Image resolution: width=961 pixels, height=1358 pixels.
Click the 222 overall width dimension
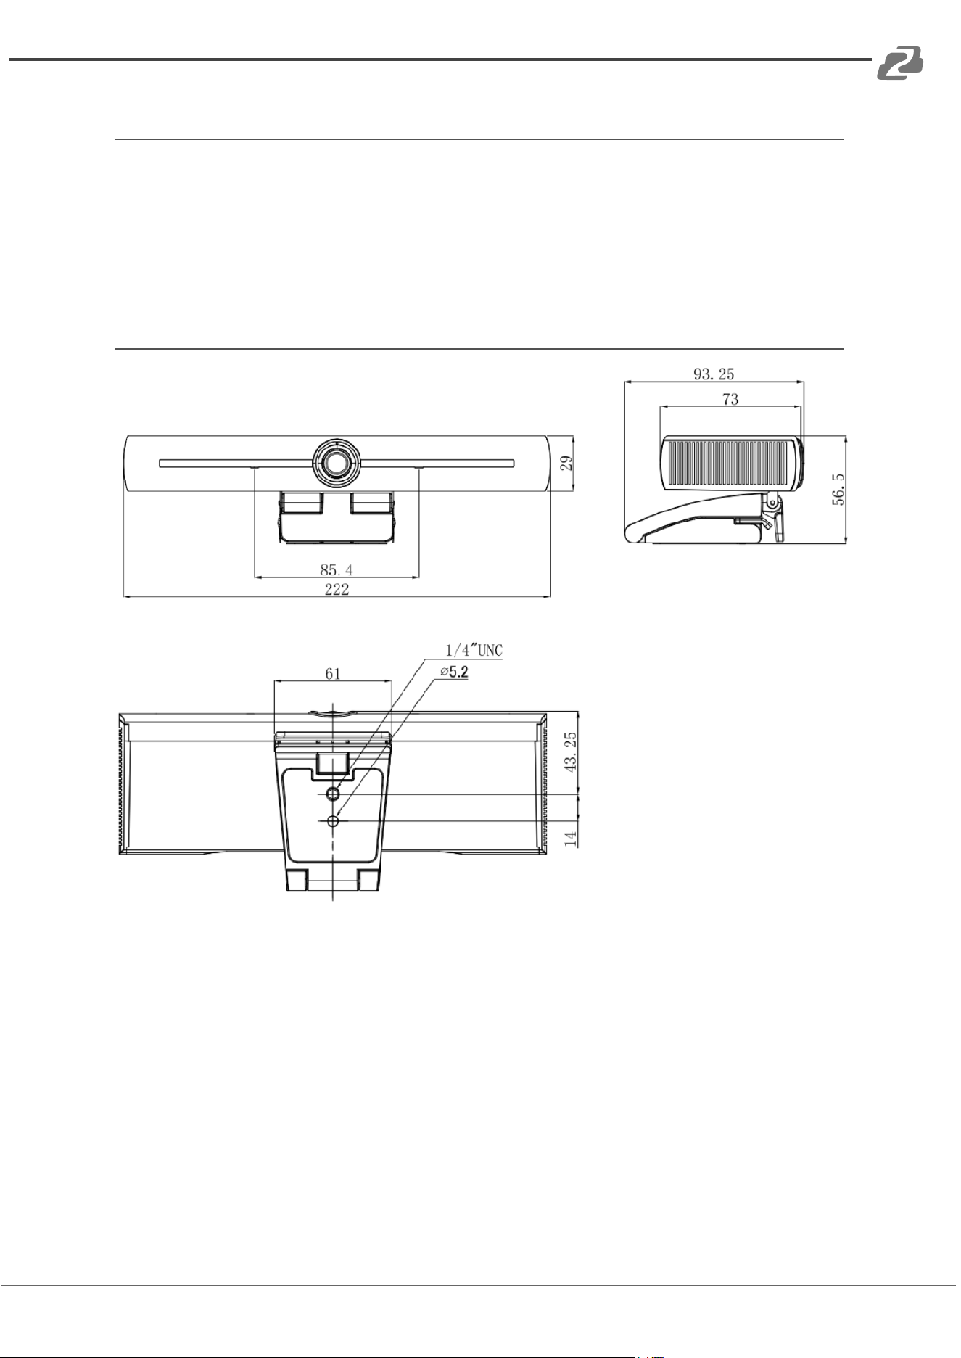pyautogui.click(x=337, y=589)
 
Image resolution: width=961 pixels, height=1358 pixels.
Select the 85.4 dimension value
pyautogui.click(x=337, y=569)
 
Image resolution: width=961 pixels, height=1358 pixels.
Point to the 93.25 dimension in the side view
pyautogui.click(x=714, y=374)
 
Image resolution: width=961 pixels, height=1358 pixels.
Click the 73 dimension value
pyautogui.click(x=730, y=399)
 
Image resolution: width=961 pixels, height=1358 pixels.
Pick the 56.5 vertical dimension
pyautogui.click(x=838, y=490)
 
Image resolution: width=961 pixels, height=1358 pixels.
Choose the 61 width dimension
pyautogui.click(x=333, y=674)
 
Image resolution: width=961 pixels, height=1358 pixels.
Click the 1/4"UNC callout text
pyautogui.click(x=474, y=650)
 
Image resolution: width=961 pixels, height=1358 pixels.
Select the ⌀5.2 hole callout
pyautogui.click(x=455, y=672)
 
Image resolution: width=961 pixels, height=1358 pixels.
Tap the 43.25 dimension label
pyautogui.click(x=571, y=752)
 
